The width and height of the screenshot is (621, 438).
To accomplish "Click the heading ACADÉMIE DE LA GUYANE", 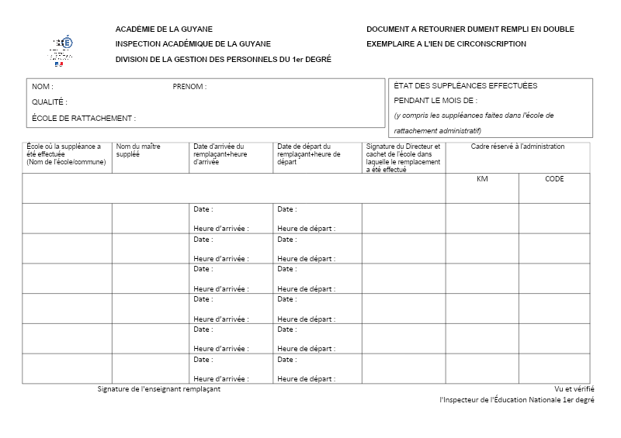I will point(164,29).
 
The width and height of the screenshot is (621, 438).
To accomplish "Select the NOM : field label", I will point(43,87).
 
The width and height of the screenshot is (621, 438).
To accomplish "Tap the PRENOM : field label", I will point(189,87).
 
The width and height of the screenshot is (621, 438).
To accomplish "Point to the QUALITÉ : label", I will point(50,102).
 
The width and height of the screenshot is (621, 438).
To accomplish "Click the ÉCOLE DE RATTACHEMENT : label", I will point(84,119).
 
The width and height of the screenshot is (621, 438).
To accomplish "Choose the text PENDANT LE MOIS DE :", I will point(435,101).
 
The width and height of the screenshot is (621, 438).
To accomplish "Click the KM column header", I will point(481,179).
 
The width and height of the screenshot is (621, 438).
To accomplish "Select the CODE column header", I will point(554,179).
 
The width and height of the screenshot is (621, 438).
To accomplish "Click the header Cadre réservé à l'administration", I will point(518,147).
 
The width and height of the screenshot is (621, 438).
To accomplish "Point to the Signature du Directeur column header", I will point(403,157).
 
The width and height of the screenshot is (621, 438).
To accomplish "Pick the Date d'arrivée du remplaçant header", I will point(220,153).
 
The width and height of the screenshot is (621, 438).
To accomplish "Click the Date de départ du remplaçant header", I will point(309,153).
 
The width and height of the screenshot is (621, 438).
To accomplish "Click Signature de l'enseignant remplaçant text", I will point(159,389).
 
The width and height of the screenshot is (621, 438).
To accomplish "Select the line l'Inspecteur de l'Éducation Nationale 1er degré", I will point(516,400).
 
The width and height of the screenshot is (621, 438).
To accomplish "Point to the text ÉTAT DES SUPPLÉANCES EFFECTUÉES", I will point(466,86).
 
